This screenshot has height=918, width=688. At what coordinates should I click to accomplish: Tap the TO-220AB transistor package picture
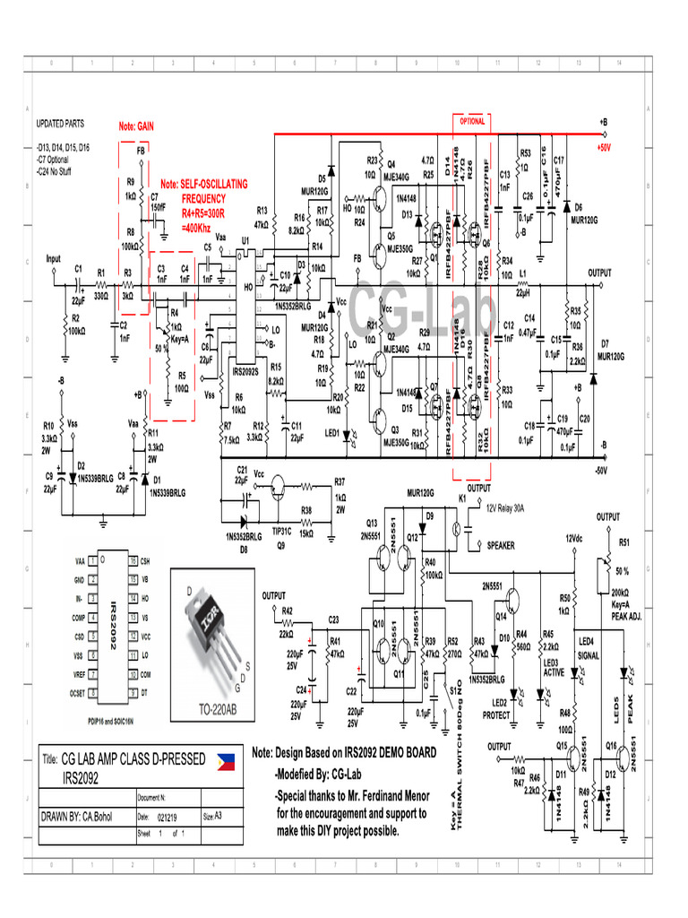tap(214, 637)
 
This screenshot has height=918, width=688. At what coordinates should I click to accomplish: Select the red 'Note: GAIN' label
tap(136, 127)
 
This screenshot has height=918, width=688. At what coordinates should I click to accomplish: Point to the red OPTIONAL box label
tap(472, 121)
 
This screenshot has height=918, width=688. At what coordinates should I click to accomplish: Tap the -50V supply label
tap(600, 470)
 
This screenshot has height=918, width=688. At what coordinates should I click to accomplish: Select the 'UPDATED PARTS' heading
tap(60, 124)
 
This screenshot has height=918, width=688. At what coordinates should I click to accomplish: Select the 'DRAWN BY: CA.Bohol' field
tap(81, 816)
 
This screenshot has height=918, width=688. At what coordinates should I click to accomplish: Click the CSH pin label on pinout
tap(145, 560)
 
